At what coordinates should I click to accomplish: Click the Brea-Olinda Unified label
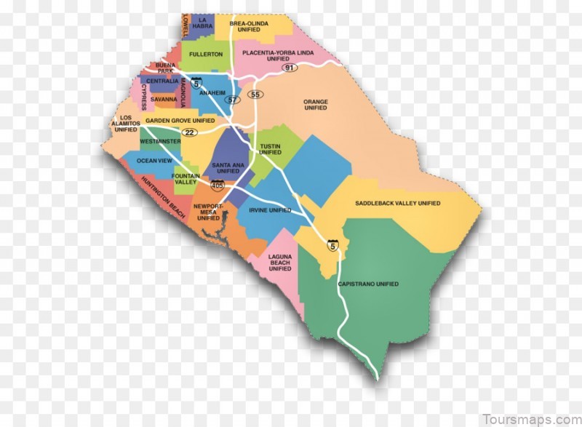pyautogui.click(x=249, y=27)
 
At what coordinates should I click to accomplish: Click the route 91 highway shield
pyautogui.click(x=290, y=68)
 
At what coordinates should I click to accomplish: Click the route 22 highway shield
pyautogui.click(x=190, y=132)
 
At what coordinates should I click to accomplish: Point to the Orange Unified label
pyautogui.click(x=316, y=105)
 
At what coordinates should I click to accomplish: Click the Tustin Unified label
pyautogui.click(x=270, y=149)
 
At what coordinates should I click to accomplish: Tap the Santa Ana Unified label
pyautogui.click(x=226, y=168)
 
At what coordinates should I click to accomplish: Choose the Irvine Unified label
pyautogui.click(x=270, y=210)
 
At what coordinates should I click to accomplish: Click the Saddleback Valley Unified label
pyautogui.click(x=397, y=203)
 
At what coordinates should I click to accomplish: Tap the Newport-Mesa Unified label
pyautogui.click(x=208, y=212)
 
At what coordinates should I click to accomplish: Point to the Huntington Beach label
pyautogui.click(x=164, y=198)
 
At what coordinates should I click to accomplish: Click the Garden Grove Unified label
pyautogui.click(x=180, y=121)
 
